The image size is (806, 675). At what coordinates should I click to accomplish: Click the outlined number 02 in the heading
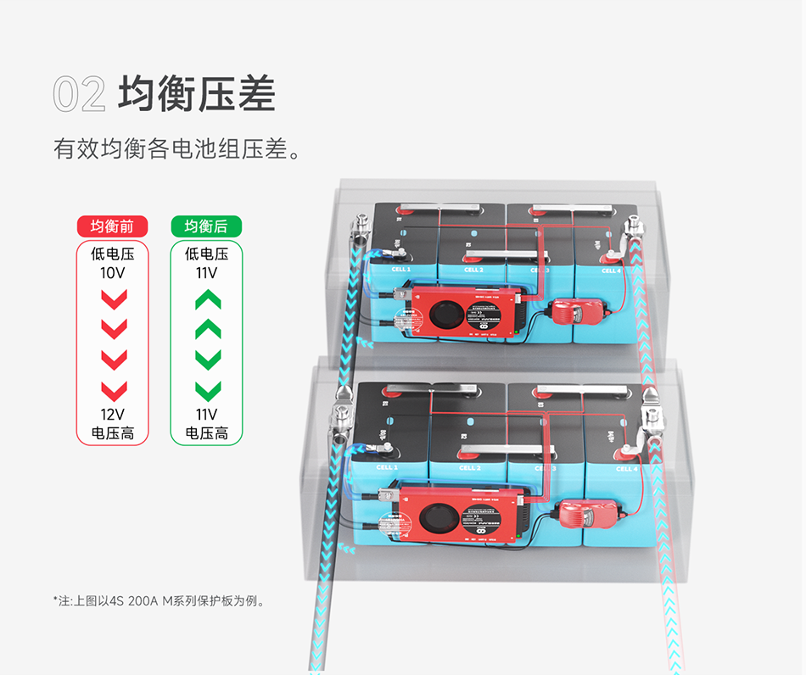point(79,93)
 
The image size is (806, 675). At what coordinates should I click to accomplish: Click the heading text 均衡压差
point(197,93)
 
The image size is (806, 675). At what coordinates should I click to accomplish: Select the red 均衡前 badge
point(113,226)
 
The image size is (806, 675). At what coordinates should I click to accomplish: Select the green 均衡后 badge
point(206,226)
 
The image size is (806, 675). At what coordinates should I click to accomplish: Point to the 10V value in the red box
point(113,273)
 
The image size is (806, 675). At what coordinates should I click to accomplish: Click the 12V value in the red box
point(113,415)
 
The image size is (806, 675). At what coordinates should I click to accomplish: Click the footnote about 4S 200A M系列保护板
point(160,601)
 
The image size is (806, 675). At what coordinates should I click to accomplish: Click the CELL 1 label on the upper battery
point(400,270)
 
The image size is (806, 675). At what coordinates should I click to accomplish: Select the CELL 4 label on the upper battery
point(611,271)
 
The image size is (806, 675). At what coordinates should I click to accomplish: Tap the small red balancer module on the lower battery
point(580,512)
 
